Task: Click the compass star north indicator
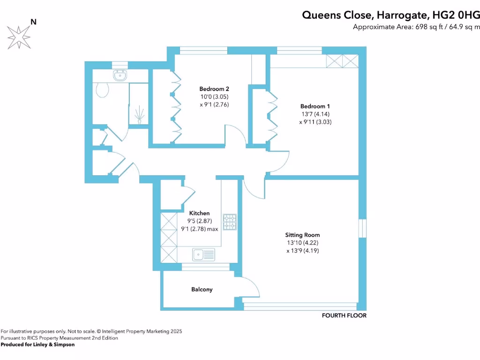(x=18, y=37)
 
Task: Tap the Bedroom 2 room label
(x=214, y=89)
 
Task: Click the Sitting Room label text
(x=303, y=235)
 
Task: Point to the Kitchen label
(x=199, y=213)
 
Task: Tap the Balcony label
(x=202, y=289)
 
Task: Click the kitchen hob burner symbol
(x=230, y=222)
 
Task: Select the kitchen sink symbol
(x=203, y=255)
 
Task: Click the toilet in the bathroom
(x=102, y=89)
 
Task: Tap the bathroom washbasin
(x=120, y=75)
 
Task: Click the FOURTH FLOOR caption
(x=344, y=315)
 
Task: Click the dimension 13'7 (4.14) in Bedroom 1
(x=302, y=113)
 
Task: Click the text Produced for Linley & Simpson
(x=37, y=345)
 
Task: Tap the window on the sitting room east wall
(x=363, y=228)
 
